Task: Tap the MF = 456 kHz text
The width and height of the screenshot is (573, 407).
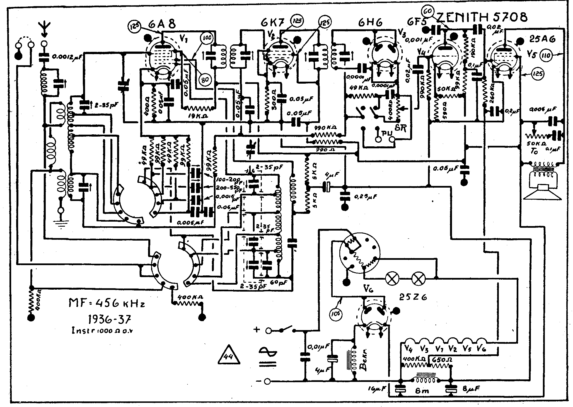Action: (x=107, y=303)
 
